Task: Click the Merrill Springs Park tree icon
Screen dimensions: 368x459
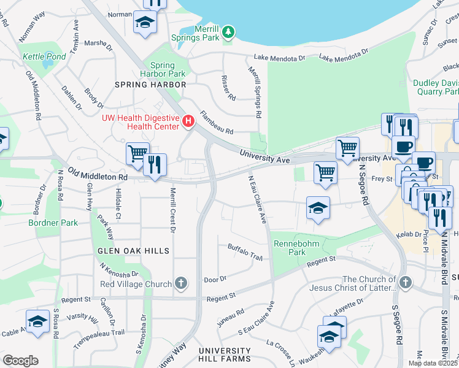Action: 228,31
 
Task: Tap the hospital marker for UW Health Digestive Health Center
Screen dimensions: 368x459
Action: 188,121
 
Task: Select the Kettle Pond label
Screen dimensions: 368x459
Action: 44,56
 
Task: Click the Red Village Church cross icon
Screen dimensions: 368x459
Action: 180,283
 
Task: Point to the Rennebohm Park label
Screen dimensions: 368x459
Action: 289,247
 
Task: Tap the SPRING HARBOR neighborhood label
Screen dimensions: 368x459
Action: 150,84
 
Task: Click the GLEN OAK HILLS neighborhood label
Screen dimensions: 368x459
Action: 133,251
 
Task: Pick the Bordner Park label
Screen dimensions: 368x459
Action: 53,223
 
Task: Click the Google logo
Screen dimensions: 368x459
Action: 20,360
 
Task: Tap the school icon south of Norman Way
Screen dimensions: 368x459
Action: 145,23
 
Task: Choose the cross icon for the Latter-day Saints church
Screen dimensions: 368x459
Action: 404,283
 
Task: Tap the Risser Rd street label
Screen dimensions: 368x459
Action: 228,88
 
